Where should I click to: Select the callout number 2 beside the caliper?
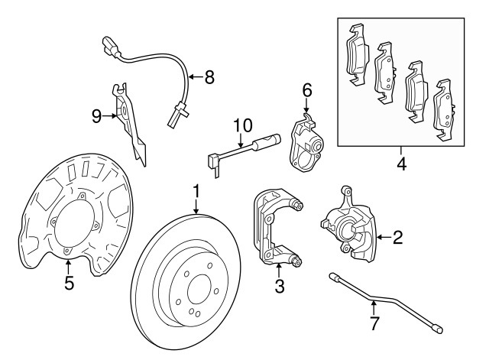(397, 238)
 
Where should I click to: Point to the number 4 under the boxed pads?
(401, 163)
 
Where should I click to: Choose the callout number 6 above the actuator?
(307, 90)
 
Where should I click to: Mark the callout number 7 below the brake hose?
(374, 323)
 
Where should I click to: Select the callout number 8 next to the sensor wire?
(210, 76)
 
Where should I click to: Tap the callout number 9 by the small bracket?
(96, 115)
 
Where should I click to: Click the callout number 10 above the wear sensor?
(242, 124)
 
